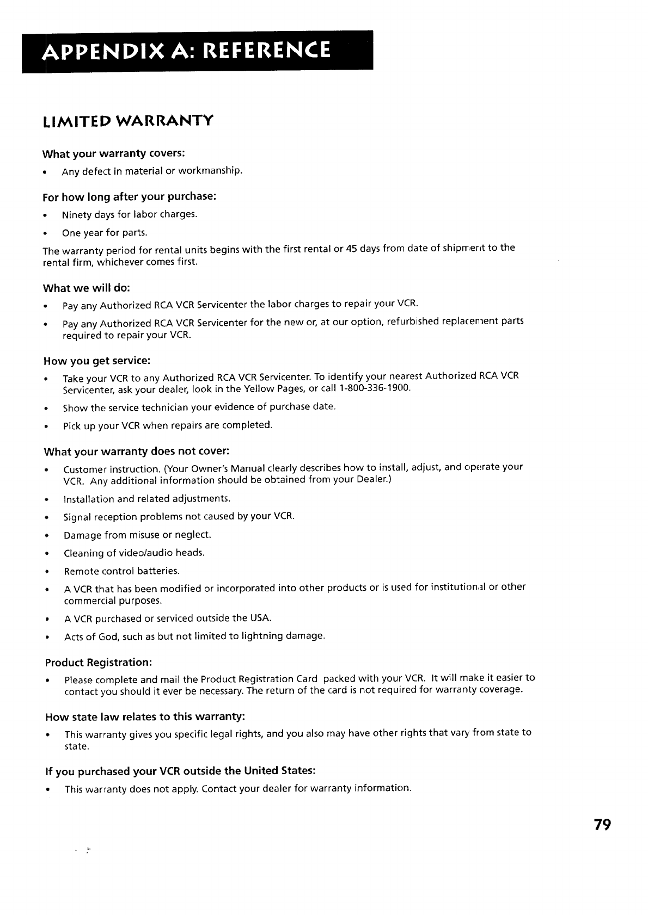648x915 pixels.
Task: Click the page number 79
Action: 603,825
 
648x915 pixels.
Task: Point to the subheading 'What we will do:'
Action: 86,287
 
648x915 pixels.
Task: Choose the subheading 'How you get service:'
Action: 96,361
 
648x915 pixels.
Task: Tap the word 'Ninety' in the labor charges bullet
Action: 76,214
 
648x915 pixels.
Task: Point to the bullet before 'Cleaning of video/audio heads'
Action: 48,553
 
